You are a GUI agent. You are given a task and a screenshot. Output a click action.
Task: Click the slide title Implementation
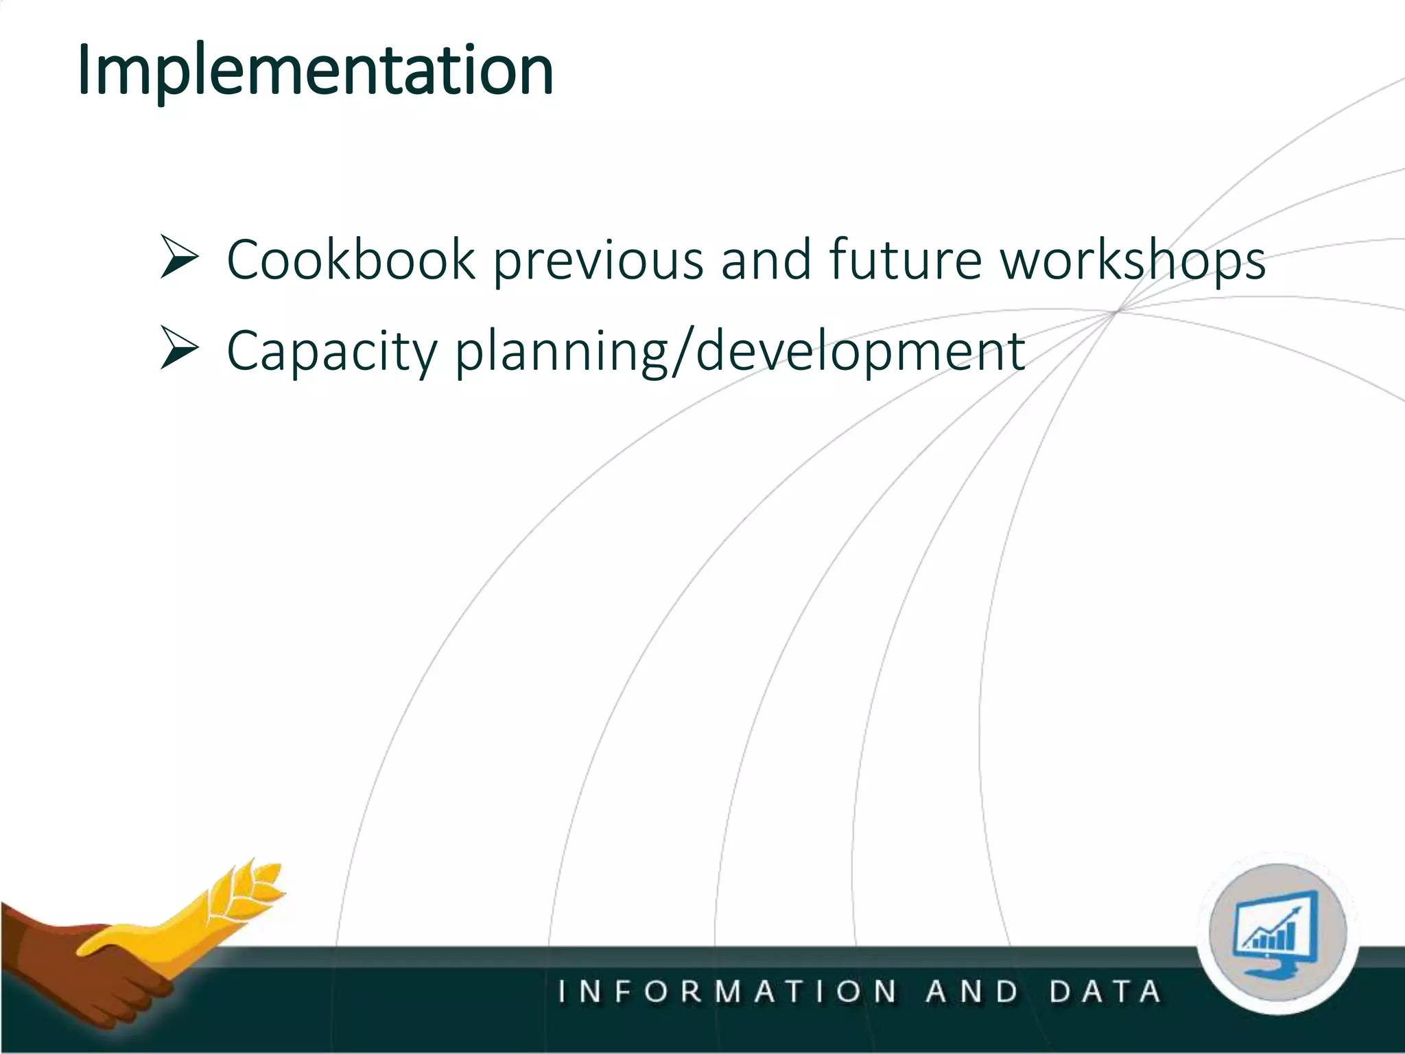click(315, 71)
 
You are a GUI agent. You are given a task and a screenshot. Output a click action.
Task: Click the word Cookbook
click(351, 260)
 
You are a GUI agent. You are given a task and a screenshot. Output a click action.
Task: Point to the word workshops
click(1132, 261)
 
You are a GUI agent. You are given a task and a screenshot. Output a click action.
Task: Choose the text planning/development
click(740, 351)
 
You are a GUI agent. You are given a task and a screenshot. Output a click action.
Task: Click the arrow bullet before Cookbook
click(179, 257)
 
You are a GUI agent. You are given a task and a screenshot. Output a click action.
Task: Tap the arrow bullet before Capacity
click(179, 348)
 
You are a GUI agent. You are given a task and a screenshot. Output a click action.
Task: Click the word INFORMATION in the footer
click(727, 992)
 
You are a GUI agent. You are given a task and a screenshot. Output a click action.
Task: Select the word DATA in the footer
click(1105, 992)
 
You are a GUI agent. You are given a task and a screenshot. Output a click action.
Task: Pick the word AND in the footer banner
click(972, 992)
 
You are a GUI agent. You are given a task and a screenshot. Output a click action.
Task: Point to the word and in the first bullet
click(766, 260)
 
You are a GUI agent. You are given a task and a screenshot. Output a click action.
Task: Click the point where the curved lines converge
click(1117, 311)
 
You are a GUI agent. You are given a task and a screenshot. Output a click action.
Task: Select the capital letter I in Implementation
click(84, 71)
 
